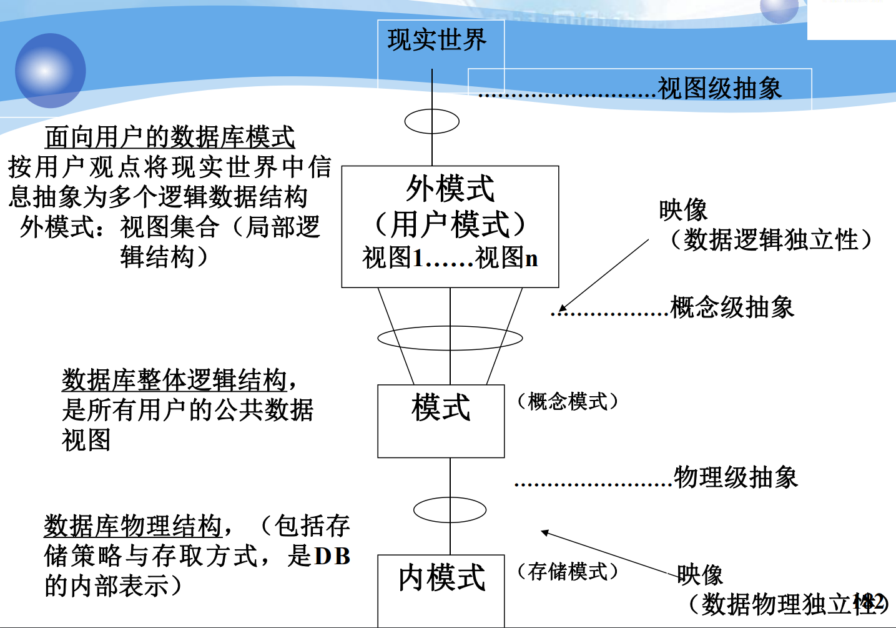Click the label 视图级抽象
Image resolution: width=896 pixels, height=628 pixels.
coord(719,88)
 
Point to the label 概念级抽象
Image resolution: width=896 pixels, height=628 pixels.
coord(732,307)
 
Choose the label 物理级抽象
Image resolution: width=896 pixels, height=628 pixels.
coord(736,477)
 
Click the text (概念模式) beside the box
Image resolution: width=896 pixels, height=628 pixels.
coord(568,401)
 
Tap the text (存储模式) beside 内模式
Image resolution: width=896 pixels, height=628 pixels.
coord(568,571)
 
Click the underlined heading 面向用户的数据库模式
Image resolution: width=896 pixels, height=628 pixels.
coord(170,137)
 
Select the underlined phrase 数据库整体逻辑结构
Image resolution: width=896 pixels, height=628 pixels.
coord(174,379)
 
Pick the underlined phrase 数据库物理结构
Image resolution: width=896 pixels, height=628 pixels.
coord(133,526)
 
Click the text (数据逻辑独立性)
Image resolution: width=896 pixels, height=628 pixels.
coord(771,239)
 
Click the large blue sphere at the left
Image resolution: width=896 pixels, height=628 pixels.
coord(50,71)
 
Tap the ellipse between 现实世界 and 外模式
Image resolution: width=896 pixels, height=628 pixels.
coord(431,121)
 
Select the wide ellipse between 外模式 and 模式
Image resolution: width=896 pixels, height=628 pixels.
coord(450,338)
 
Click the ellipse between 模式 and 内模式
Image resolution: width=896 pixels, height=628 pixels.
coord(450,510)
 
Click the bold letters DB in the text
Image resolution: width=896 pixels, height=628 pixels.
coord(332,556)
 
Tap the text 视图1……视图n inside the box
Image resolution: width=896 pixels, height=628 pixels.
coord(450,257)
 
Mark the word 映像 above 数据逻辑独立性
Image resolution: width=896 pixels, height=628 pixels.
coord(683,210)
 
